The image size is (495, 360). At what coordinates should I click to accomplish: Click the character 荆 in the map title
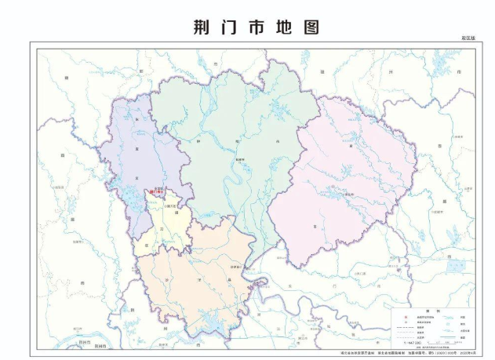[202, 27]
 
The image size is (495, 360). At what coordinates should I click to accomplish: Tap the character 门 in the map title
[232, 27]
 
